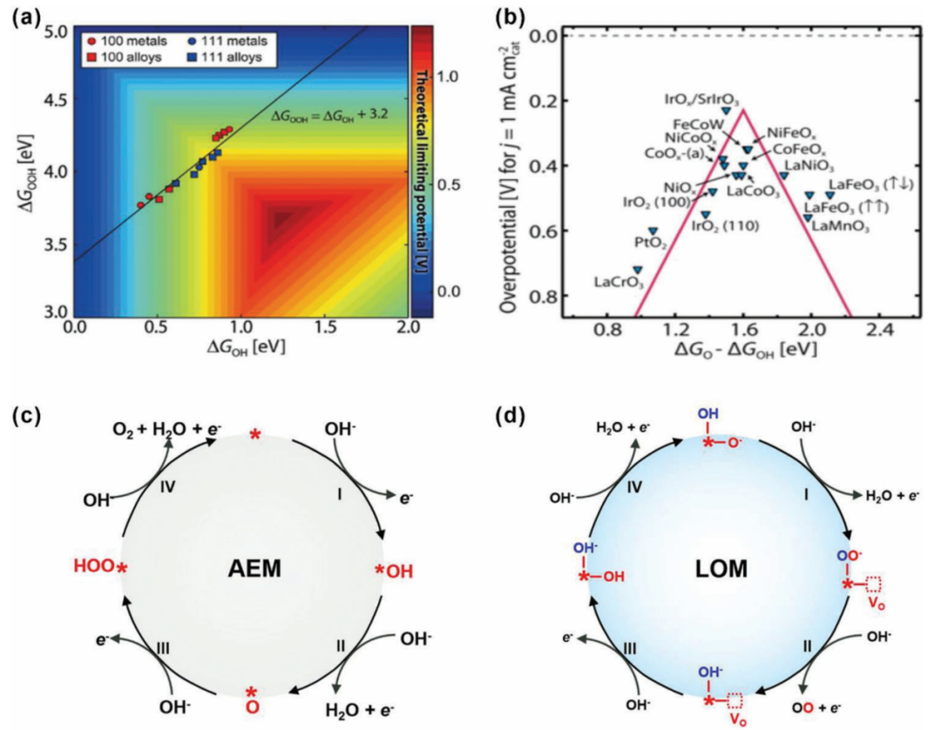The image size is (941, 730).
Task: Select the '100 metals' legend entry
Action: pyautogui.click(x=126, y=40)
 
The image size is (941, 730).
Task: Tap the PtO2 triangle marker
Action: pyautogui.click(x=653, y=230)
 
